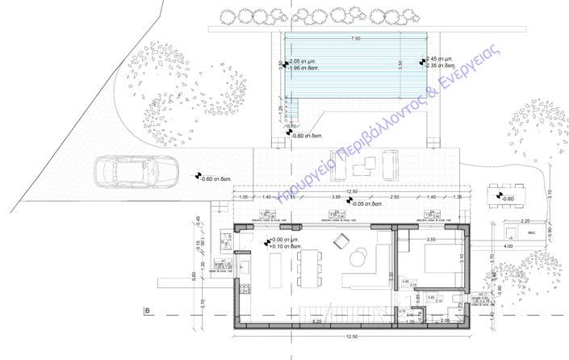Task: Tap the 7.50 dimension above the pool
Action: (x=356, y=38)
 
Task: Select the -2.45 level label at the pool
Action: (x=440, y=59)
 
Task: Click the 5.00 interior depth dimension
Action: (x=391, y=276)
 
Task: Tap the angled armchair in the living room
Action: (x=341, y=241)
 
